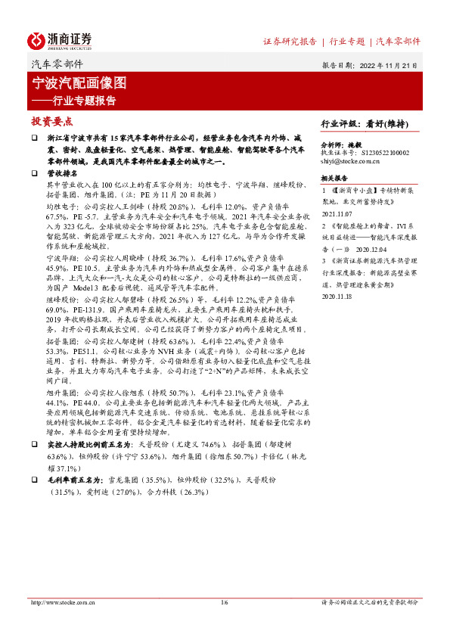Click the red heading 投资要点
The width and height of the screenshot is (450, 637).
[52, 121]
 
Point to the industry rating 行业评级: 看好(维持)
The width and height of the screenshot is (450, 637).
[365, 123]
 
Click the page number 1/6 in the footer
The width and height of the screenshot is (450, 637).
[225, 602]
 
